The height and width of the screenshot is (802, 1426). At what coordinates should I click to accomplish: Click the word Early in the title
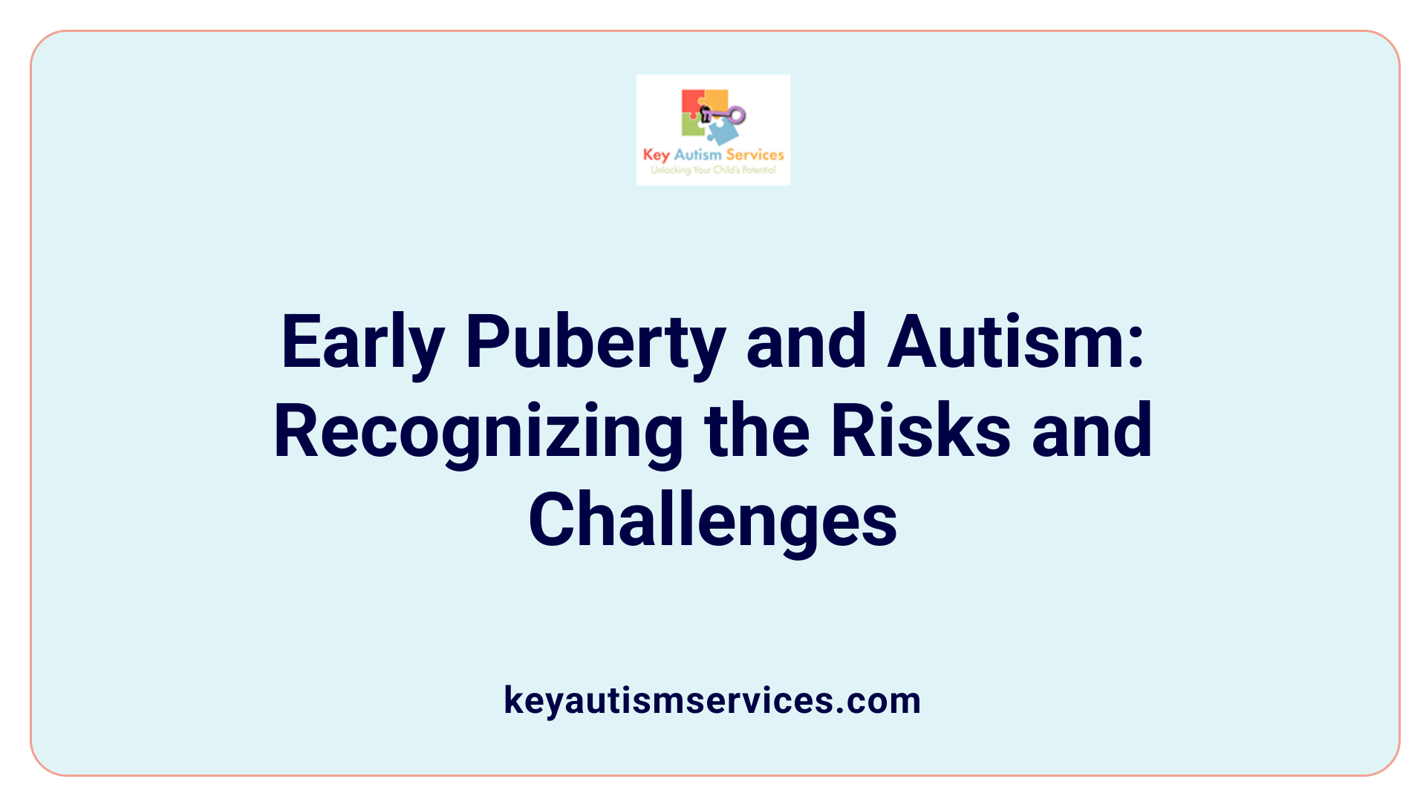[362, 343]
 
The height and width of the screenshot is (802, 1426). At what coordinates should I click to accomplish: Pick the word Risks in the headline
[920, 431]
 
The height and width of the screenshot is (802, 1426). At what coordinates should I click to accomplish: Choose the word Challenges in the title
[712, 521]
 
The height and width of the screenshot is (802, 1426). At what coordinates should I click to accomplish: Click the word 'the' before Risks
[757, 431]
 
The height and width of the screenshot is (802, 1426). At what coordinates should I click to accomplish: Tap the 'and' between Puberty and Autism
[807, 342]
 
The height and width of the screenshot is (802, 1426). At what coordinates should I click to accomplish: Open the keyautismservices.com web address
[712, 700]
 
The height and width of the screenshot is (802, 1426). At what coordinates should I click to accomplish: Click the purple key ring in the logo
[736, 115]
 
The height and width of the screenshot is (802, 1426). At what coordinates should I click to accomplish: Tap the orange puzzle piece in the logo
[716, 100]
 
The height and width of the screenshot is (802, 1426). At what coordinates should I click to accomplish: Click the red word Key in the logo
[656, 155]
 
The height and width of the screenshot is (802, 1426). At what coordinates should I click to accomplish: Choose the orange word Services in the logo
[755, 154]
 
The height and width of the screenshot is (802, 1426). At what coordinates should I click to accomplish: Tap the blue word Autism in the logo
[697, 154]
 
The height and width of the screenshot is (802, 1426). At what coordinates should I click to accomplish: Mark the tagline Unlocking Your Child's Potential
[713, 170]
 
